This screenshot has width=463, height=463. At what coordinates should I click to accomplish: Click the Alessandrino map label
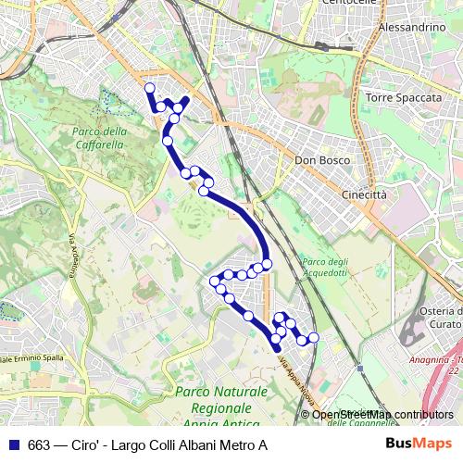coord(412,29)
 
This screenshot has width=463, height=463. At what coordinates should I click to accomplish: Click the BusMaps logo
coord(425,444)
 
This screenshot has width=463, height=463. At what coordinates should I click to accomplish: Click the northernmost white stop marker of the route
coord(149,88)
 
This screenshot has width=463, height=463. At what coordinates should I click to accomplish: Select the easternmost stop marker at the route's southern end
coord(313,338)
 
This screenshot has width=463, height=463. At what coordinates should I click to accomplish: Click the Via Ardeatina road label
coord(70,252)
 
